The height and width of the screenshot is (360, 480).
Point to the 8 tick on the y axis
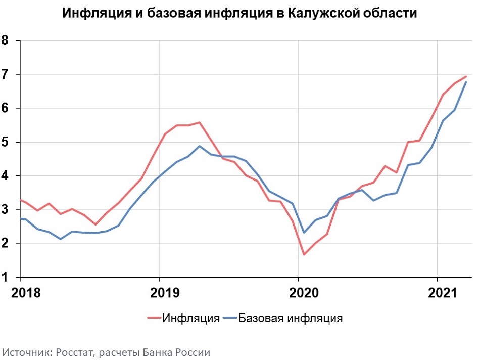click(x=5, y=40)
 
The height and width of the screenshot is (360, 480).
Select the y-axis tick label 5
click(x=5, y=142)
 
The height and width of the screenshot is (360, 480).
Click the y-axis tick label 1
click(x=5, y=277)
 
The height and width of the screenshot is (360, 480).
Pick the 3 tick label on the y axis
click(x=5, y=209)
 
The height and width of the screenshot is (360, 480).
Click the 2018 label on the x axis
click(x=26, y=293)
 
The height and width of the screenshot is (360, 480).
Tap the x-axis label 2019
click(x=165, y=293)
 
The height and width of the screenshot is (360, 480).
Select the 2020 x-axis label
click(x=304, y=293)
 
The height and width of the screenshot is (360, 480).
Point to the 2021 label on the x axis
click(x=442, y=293)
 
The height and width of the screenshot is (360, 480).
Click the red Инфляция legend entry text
click(x=191, y=319)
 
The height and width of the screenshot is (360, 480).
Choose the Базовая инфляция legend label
click(x=290, y=319)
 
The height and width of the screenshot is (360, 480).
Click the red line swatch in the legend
click(x=154, y=318)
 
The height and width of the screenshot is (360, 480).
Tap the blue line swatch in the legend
click(x=230, y=318)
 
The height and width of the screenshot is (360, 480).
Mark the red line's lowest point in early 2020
click(x=304, y=254)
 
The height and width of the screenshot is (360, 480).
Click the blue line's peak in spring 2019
click(x=200, y=146)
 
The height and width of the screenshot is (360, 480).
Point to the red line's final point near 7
click(x=466, y=76)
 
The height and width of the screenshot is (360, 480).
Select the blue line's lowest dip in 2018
click(x=61, y=239)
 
